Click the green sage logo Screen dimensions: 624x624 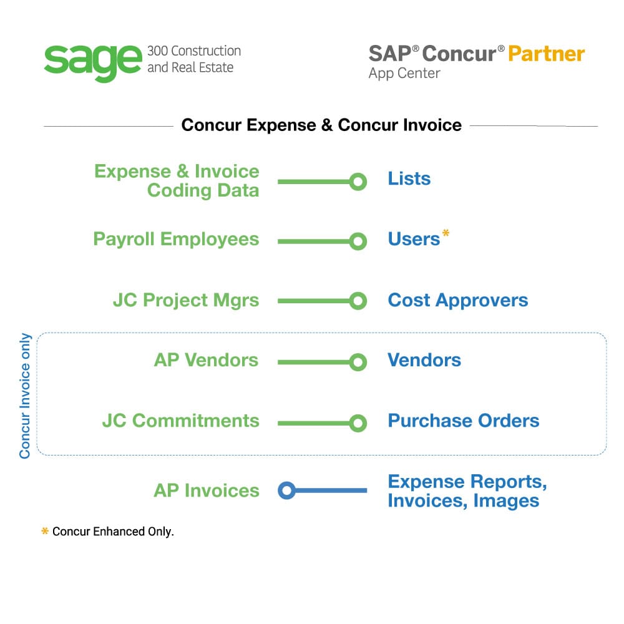click(92, 61)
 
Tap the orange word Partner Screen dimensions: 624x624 click(546, 53)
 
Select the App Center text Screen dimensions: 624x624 click(404, 73)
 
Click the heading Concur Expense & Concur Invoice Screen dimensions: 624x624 click(321, 125)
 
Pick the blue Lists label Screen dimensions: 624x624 click(409, 179)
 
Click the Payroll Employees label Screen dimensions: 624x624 click(176, 239)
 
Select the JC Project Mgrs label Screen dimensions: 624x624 click(186, 300)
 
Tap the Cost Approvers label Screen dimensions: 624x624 click(458, 300)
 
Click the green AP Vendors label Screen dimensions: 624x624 click(206, 360)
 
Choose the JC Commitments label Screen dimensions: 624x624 click(181, 421)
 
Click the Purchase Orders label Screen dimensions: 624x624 click(464, 421)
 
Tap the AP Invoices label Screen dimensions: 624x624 click(207, 490)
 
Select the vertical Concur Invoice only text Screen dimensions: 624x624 click(25, 396)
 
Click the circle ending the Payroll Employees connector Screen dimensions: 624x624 click(358, 241)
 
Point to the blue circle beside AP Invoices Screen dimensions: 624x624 click(286, 490)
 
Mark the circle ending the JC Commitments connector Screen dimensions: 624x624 click(358, 424)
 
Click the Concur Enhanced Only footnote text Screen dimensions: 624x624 click(113, 532)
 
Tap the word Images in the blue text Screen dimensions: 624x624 click(506, 500)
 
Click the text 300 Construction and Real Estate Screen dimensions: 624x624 click(193, 59)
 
